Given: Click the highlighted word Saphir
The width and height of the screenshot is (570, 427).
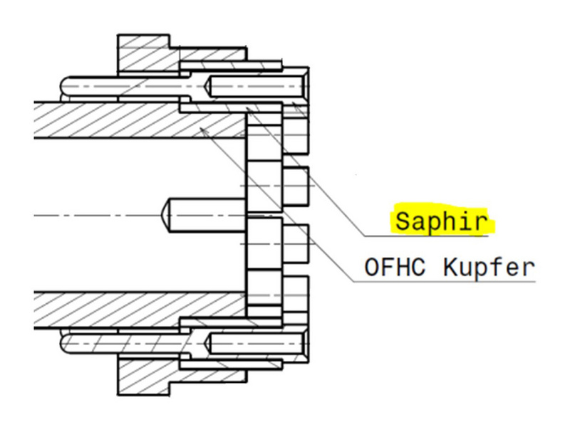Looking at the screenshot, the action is coord(441,221).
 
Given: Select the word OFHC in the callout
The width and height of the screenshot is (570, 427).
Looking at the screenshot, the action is coord(395,267).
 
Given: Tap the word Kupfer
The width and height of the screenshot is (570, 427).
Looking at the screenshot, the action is coord(489,268).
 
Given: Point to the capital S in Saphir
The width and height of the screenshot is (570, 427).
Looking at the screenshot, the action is coord(402,221).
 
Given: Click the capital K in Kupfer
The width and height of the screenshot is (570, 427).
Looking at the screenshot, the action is coord(450,267).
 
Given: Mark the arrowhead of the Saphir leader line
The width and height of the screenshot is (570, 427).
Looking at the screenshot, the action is coord(247,108).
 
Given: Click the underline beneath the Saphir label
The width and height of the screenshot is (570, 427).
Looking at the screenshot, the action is coord(426,236).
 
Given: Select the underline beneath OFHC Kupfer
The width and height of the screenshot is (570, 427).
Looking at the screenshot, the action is coord(444,281).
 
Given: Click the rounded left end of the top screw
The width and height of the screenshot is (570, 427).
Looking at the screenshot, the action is coord(63,86).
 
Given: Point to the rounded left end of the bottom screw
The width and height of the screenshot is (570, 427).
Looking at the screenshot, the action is coord(63,343).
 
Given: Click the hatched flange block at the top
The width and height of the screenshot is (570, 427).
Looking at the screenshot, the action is coord(144,55).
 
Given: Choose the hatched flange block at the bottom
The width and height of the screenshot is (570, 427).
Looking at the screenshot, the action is coord(144,376).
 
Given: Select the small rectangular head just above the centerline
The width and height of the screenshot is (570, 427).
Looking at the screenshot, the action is coord(296,186).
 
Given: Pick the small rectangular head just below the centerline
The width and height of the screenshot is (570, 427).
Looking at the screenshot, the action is coord(296,244).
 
